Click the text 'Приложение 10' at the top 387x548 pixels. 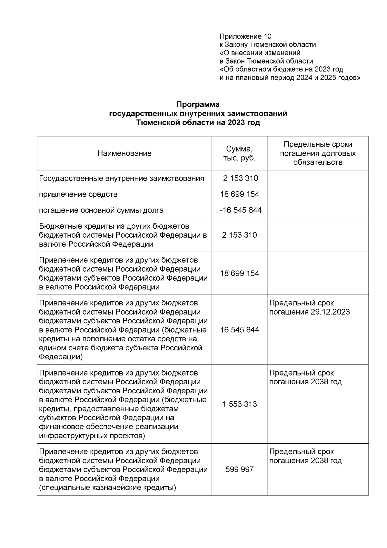click(245, 36)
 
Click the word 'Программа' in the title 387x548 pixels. click(198, 105)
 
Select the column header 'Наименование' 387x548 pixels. click(124, 153)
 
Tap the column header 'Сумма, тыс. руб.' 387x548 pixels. click(239, 153)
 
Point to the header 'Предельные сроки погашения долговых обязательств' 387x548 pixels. click(318, 153)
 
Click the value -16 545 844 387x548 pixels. click(241, 211)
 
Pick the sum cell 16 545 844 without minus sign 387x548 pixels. click(239, 330)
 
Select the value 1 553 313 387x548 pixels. click(239, 404)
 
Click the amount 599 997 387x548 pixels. click(239, 470)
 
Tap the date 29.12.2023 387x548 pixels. click(331, 312)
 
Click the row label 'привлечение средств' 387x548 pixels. click(78, 194)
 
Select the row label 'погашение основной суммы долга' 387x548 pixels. click(101, 211)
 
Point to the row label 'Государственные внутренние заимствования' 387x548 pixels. click(122, 179)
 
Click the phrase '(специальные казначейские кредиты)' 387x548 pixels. click(107, 488)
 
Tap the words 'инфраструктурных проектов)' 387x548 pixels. click(92, 436)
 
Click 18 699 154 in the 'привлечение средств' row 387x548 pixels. click(239, 194)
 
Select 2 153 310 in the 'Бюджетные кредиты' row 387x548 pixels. click(239, 235)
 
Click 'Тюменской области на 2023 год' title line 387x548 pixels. click(198, 123)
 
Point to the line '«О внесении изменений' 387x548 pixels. click(260, 53)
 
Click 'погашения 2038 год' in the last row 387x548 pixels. click(305, 461)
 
